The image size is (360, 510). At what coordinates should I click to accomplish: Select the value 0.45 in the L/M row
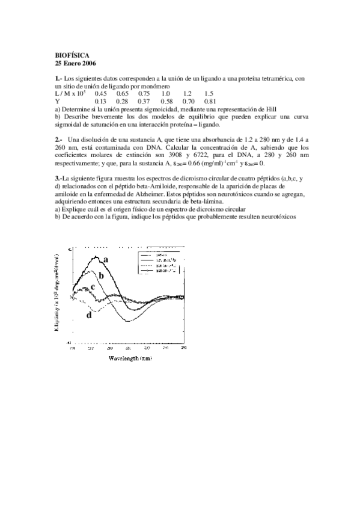100,94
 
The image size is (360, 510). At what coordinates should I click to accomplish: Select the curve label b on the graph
102,275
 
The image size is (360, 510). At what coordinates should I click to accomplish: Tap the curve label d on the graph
89,315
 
